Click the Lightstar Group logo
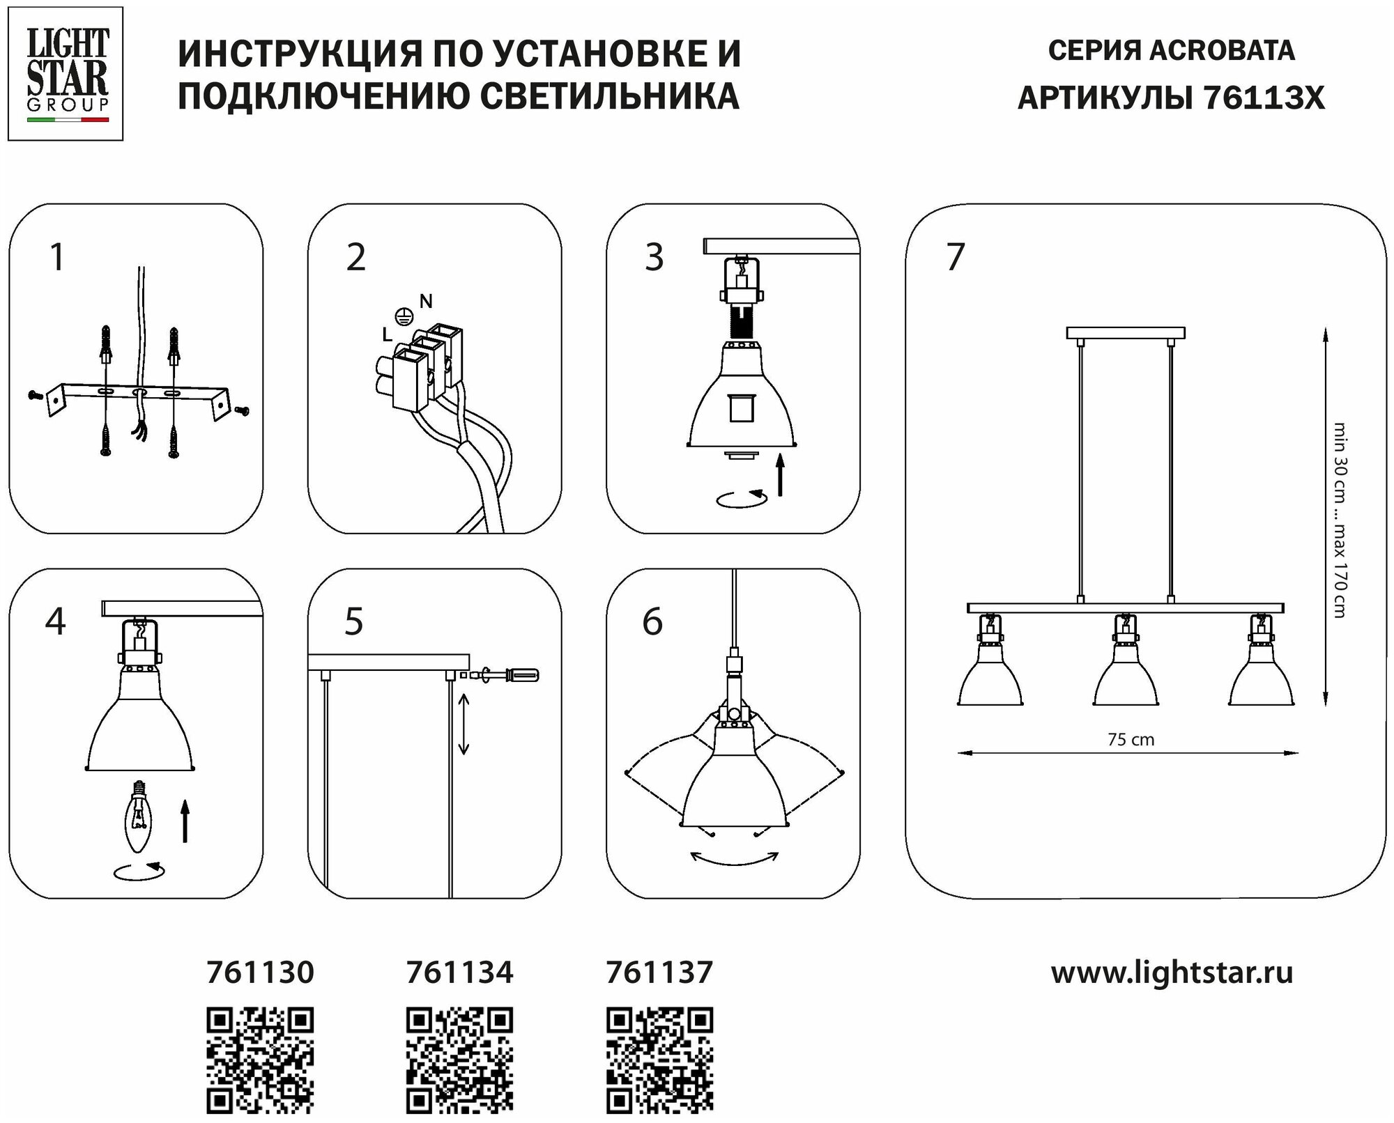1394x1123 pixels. pos(66,73)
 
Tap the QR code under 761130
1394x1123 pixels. pos(260,1060)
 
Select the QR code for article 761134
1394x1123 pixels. pos(459,1060)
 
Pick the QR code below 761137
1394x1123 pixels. pos(659,1060)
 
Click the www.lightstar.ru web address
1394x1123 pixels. pos(1172,973)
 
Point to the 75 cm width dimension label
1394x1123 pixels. pos(1131,740)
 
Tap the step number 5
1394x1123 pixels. pos(354,622)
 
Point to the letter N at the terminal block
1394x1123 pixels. pos(426,301)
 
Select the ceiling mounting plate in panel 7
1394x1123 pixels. pos(1126,333)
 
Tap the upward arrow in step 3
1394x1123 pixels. pos(780,474)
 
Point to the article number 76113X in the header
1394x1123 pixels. pos(1263,98)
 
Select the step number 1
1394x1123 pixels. pos(58,257)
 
